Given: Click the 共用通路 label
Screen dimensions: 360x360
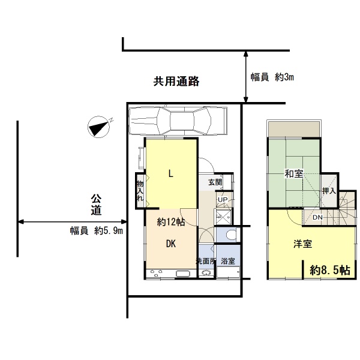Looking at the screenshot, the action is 176,81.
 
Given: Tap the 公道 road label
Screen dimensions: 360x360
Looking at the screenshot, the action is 96,205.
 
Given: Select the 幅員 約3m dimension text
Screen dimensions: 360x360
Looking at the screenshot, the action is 272,77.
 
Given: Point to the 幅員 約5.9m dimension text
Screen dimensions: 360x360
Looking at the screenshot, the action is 97,231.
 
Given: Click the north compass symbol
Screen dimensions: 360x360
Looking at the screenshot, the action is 99,127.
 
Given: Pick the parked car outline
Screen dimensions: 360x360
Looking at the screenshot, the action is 178,121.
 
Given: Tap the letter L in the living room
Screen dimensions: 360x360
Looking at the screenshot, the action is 170,174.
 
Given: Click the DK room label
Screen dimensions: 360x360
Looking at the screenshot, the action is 171,244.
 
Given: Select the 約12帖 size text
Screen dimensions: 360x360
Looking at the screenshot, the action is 171,222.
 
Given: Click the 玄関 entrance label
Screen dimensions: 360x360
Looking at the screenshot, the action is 215,182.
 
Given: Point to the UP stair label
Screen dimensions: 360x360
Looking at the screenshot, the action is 223,200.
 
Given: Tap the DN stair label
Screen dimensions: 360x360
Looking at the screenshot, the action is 317,217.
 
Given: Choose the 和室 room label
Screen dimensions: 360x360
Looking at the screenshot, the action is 294,173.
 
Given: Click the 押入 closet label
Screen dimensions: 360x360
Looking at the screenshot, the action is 329,191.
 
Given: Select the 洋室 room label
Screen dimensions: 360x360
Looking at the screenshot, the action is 303,244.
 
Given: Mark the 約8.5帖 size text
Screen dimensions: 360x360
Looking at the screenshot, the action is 330,270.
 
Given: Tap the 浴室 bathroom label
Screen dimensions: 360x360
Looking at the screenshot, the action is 228,261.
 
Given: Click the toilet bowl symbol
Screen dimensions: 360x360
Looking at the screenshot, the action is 231,235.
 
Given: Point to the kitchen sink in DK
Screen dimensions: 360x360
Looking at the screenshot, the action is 183,274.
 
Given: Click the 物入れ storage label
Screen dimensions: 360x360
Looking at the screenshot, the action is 140,191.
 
